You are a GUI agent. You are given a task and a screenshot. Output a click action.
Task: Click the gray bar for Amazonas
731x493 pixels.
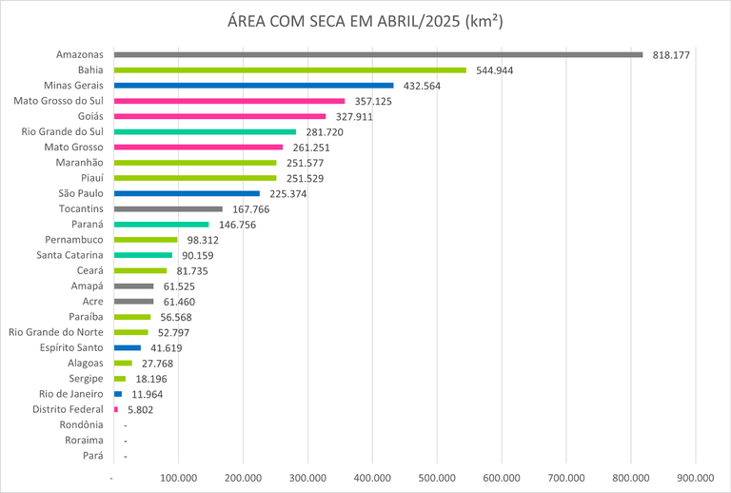(x=378, y=54)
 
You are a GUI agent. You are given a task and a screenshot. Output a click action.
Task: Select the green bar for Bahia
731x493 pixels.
(x=289, y=69)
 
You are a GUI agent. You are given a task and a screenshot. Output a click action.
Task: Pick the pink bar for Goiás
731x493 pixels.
(x=219, y=116)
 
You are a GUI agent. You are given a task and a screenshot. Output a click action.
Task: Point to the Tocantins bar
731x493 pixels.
(x=168, y=208)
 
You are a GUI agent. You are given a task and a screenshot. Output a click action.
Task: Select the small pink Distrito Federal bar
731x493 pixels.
(x=116, y=409)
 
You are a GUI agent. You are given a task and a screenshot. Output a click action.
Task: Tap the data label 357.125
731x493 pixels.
(x=372, y=101)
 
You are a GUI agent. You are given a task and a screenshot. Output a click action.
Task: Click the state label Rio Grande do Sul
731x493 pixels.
(x=63, y=131)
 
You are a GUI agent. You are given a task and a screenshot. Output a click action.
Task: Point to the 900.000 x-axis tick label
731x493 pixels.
(x=695, y=477)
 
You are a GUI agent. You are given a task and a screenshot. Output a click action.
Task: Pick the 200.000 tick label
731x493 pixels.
(x=243, y=477)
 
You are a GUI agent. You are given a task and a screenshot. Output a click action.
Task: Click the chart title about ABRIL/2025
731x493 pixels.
(x=365, y=22)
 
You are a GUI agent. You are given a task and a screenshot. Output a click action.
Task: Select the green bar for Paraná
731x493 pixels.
(x=161, y=225)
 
